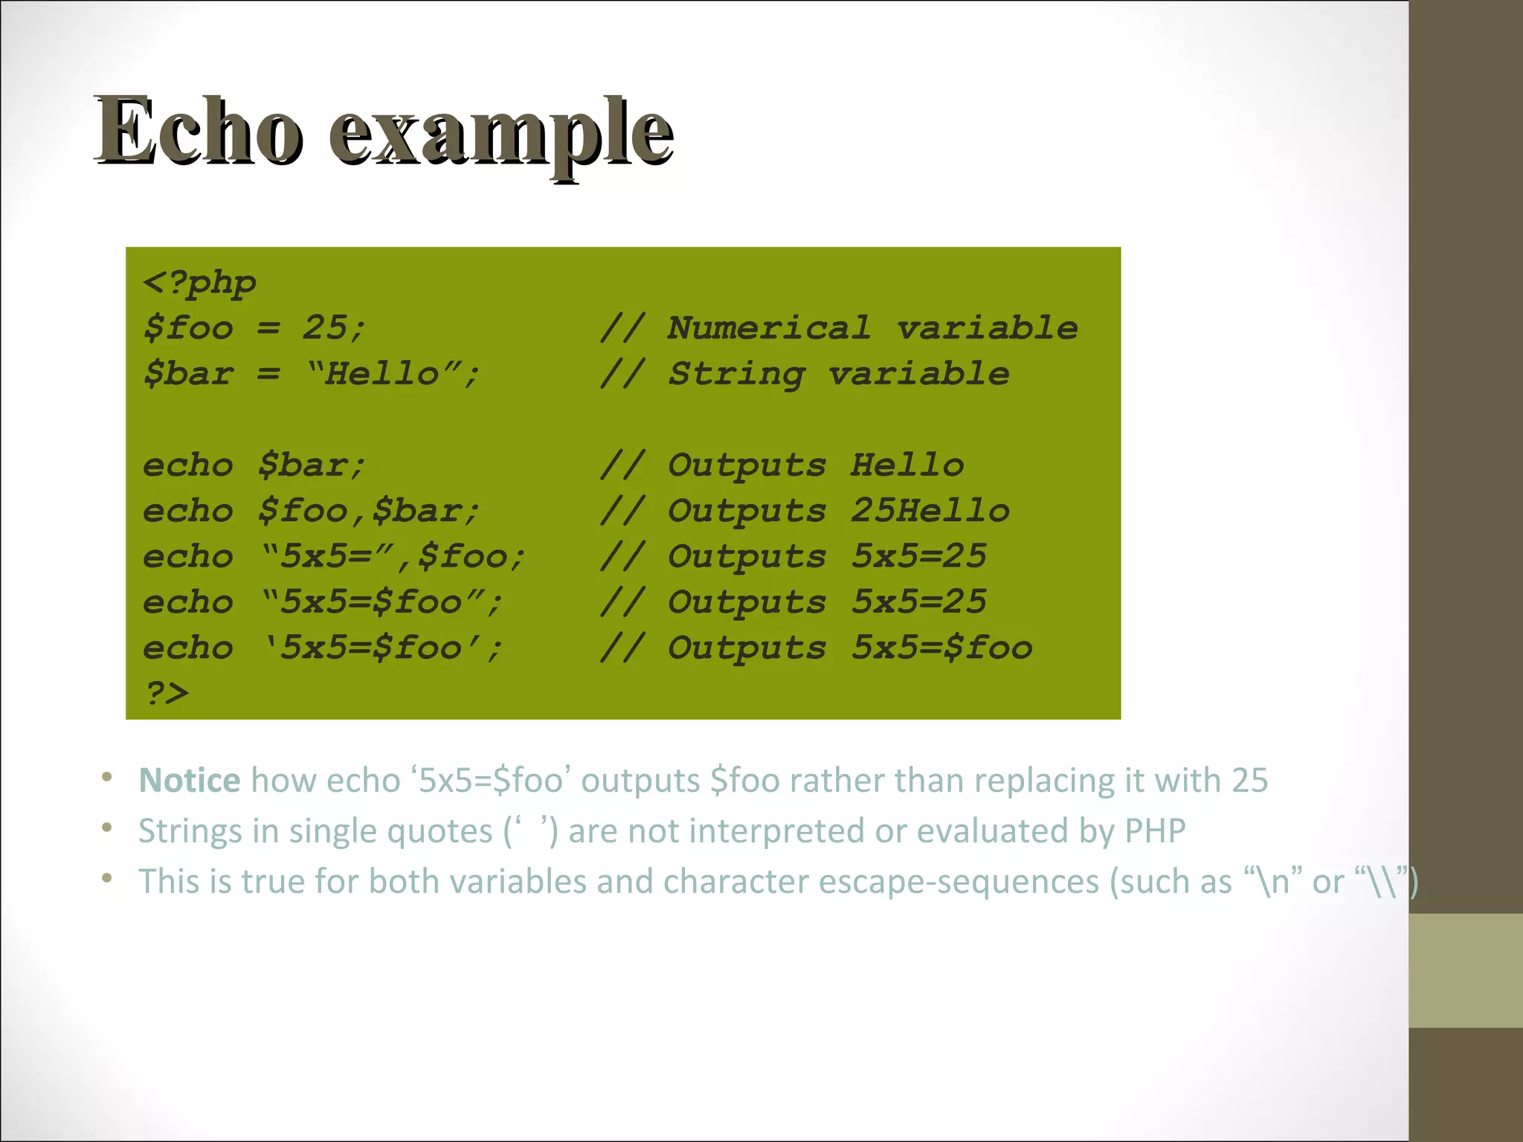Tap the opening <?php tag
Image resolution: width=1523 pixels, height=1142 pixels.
[x=199, y=283]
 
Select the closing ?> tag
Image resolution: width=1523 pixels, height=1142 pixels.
[x=167, y=693]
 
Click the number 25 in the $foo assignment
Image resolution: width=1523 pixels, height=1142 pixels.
[x=324, y=328]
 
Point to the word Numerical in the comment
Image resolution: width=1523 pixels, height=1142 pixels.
[x=769, y=328]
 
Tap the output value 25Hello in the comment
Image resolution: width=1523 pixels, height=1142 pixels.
[x=930, y=511]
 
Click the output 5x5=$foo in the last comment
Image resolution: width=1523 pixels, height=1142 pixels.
[x=941, y=648]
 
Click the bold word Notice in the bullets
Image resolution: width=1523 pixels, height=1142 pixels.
[x=189, y=780]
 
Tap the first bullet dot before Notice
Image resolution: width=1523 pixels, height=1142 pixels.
[x=107, y=778]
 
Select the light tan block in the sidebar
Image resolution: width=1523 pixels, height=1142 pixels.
[x=1465, y=970]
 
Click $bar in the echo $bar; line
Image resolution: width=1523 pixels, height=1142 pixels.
[x=302, y=465]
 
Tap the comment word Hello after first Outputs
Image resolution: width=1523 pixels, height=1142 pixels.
[x=907, y=465]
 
